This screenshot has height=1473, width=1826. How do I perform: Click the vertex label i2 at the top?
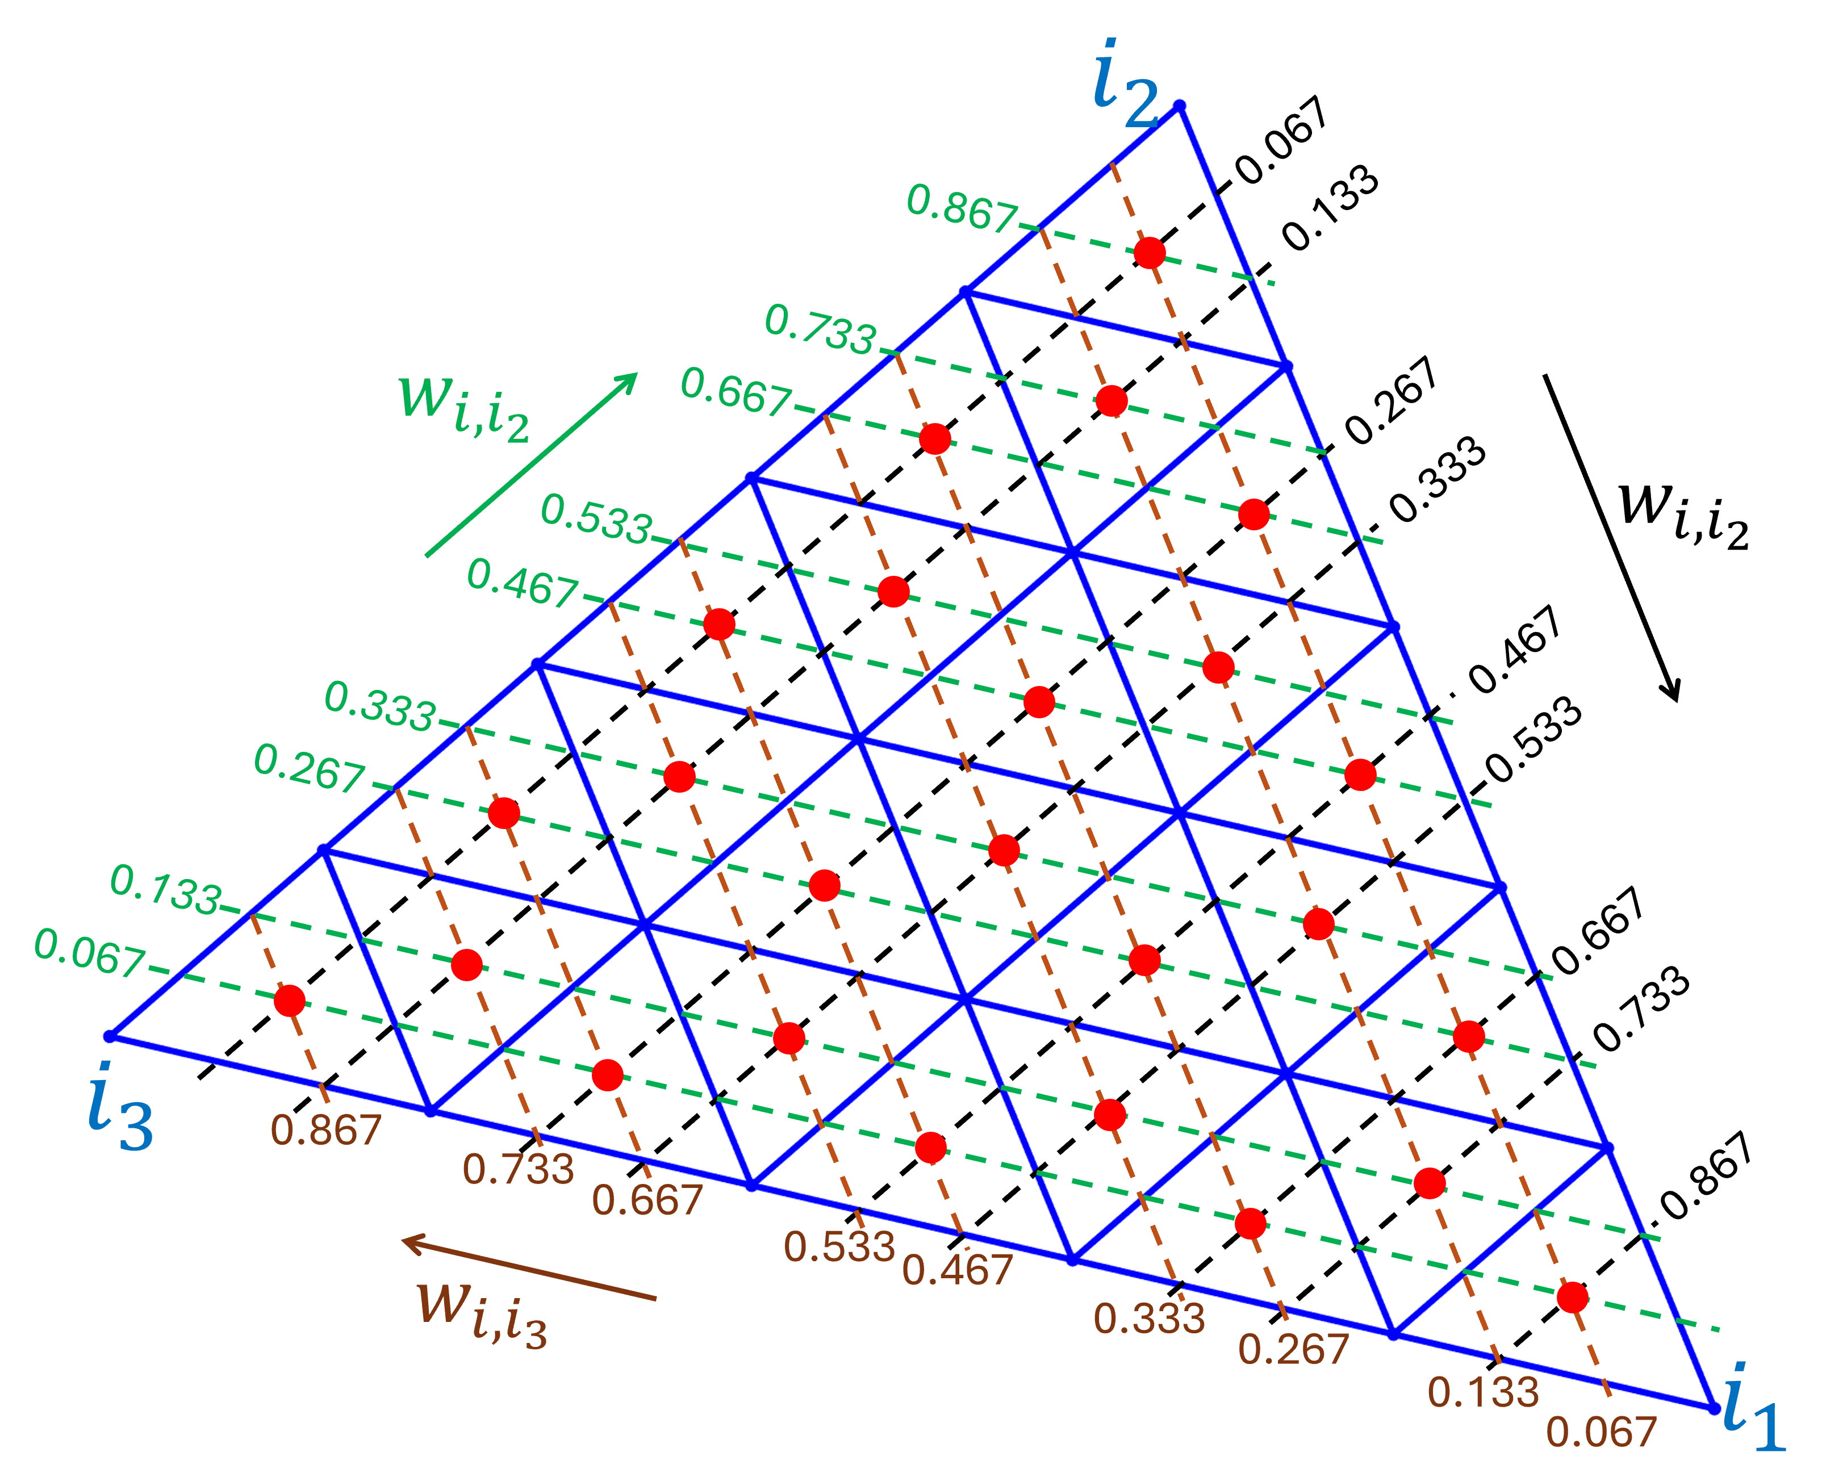(x=1125, y=85)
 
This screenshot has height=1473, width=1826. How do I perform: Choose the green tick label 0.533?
(x=596, y=518)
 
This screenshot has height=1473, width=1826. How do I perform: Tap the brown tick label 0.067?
(x=1601, y=1432)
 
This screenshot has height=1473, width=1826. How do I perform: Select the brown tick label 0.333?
(x=1149, y=1319)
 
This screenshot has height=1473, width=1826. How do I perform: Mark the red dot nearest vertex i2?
(x=1150, y=253)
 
